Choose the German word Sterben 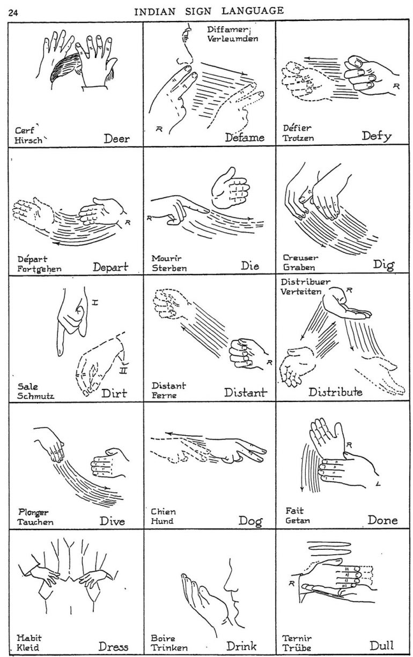point(169,267)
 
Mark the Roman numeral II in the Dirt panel point(122,369)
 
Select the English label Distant point(245,394)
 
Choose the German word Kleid point(28,648)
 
